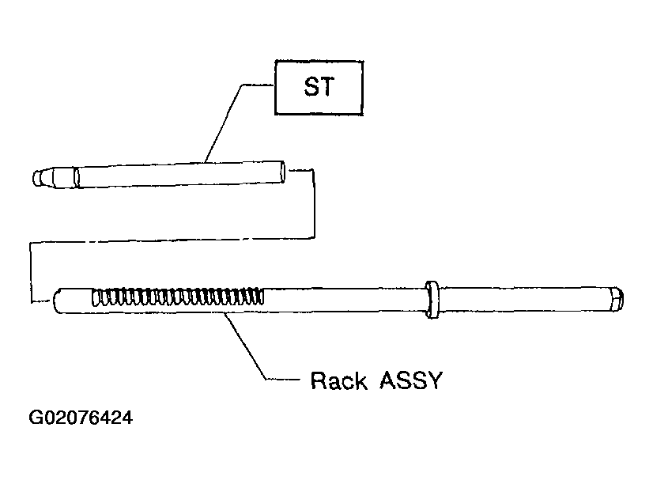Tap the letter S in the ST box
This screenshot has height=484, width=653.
(x=311, y=87)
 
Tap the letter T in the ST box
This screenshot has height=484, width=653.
(x=327, y=87)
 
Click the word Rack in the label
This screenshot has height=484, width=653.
(x=339, y=380)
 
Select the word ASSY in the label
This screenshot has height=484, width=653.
(x=410, y=380)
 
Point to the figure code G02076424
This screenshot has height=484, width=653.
(x=81, y=418)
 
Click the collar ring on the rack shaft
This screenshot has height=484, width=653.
(x=432, y=300)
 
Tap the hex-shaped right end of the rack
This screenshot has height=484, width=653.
(x=617, y=299)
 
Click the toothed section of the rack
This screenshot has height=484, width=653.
(x=178, y=297)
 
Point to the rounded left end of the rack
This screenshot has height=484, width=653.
(x=58, y=301)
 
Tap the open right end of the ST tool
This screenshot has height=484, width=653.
(x=282, y=172)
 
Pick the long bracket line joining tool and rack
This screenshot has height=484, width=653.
(x=172, y=240)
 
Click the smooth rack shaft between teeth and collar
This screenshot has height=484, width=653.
(x=345, y=300)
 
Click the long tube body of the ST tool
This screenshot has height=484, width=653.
(x=179, y=175)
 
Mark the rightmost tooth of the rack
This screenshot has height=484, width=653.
(x=260, y=296)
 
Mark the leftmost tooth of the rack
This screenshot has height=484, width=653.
(x=96, y=297)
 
